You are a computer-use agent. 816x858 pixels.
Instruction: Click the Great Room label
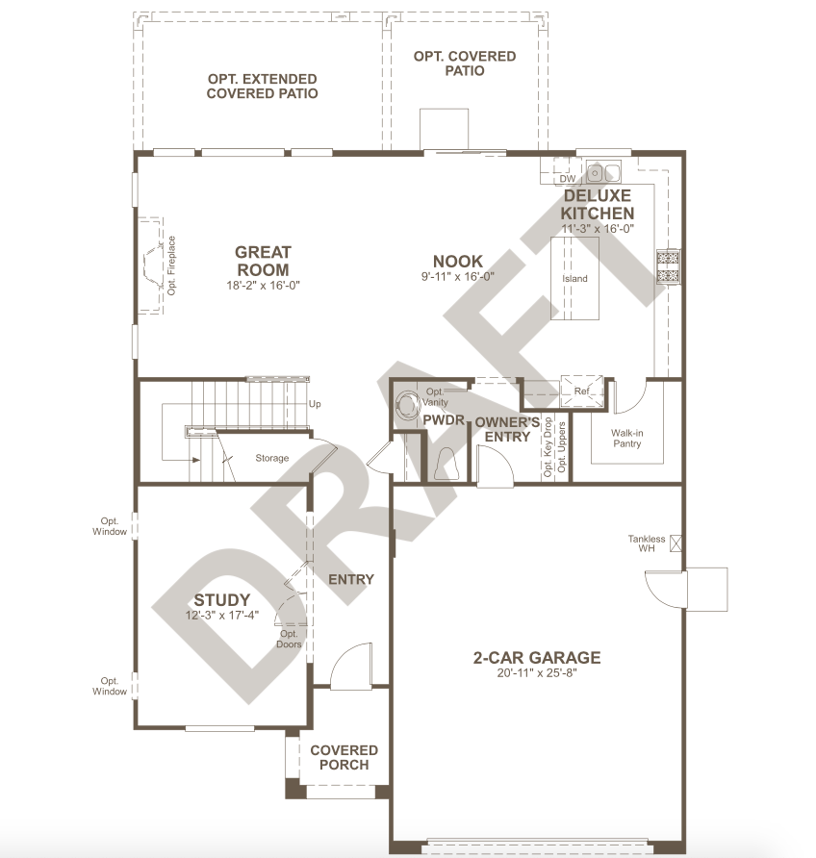(263, 261)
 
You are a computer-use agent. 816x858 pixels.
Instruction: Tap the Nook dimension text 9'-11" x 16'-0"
(457, 277)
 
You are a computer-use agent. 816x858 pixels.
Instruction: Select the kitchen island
(574, 278)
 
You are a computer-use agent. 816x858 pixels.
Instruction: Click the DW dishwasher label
(568, 178)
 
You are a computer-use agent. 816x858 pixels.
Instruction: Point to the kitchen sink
(603, 172)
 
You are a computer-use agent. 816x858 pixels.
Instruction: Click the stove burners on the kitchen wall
(668, 266)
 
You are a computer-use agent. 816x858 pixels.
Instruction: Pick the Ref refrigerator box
(582, 391)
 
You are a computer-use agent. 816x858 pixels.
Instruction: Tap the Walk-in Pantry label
(626, 439)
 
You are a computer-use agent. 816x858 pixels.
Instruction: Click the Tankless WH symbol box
(676, 543)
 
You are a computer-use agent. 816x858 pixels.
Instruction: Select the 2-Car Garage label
(537, 657)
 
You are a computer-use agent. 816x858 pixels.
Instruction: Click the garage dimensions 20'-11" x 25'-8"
(537, 673)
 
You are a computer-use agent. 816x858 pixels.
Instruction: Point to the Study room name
(221, 599)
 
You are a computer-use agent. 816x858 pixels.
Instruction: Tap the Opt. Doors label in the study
(289, 639)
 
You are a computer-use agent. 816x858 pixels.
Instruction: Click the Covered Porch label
(344, 757)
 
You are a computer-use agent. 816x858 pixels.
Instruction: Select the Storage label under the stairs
(272, 458)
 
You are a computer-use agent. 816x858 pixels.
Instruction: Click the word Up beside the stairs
(315, 404)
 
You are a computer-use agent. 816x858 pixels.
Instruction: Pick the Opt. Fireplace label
(172, 265)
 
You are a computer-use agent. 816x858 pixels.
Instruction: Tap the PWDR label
(444, 420)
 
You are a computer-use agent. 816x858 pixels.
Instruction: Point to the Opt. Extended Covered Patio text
(262, 87)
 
